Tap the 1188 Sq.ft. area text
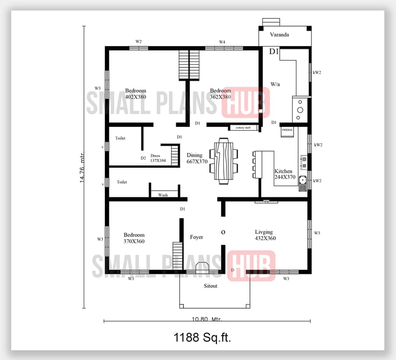[202, 338]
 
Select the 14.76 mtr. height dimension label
[82, 166]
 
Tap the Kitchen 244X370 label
[285, 174]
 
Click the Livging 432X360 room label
[265, 235]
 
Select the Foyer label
[197, 237]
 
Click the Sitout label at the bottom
[210, 286]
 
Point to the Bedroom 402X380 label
[135, 94]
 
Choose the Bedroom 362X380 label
[220, 94]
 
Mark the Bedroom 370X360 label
[134, 238]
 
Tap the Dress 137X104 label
[157, 158]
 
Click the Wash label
[163, 195]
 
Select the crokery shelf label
[243, 128]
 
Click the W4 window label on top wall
[222, 42]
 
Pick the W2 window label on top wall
[139, 42]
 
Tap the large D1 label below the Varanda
[274, 51]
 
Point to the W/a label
[275, 84]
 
